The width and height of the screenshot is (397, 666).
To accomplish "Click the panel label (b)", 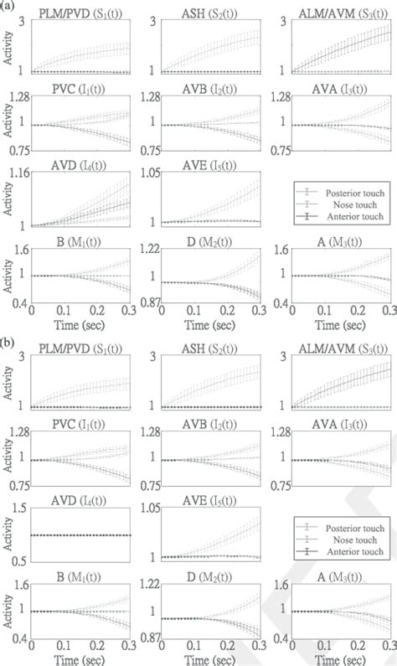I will pos(8,342).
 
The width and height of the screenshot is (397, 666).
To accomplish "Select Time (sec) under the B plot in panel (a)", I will pos(80,325).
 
